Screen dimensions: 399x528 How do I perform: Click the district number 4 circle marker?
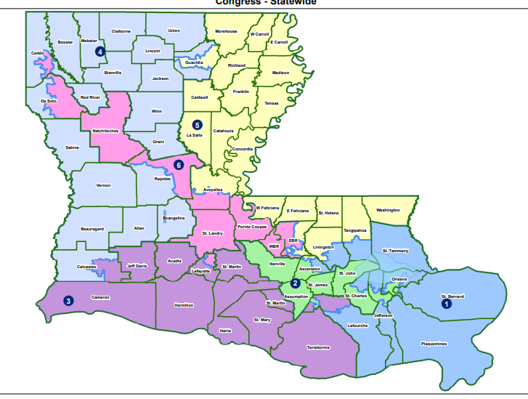(x=101, y=51)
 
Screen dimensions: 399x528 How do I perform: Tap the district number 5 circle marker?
(x=197, y=125)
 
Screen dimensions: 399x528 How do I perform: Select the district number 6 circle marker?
(x=179, y=165)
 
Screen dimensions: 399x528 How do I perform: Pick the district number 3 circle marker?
(x=68, y=300)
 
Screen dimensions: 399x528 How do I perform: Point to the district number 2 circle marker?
(x=295, y=283)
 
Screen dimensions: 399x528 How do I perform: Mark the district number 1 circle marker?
(x=447, y=305)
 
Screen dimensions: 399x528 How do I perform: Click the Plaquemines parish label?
(x=434, y=344)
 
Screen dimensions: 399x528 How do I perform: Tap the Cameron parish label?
(x=100, y=297)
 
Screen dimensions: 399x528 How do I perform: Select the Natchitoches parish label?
(x=106, y=131)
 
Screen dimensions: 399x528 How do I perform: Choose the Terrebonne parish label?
(x=318, y=347)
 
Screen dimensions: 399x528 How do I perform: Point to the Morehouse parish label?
(x=226, y=31)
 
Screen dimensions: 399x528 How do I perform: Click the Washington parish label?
(x=388, y=210)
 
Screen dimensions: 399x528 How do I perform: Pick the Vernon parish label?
(x=103, y=185)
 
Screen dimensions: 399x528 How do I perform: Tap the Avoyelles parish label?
(x=213, y=190)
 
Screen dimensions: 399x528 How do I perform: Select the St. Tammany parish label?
(x=395, y=251)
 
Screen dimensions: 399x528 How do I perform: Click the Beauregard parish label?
(x=92, y=229)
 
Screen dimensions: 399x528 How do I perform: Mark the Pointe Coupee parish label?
(x=252, y=227)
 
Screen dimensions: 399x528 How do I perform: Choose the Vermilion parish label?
(x=183, y=305)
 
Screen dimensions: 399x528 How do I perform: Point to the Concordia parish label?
(x=242, y=149)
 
